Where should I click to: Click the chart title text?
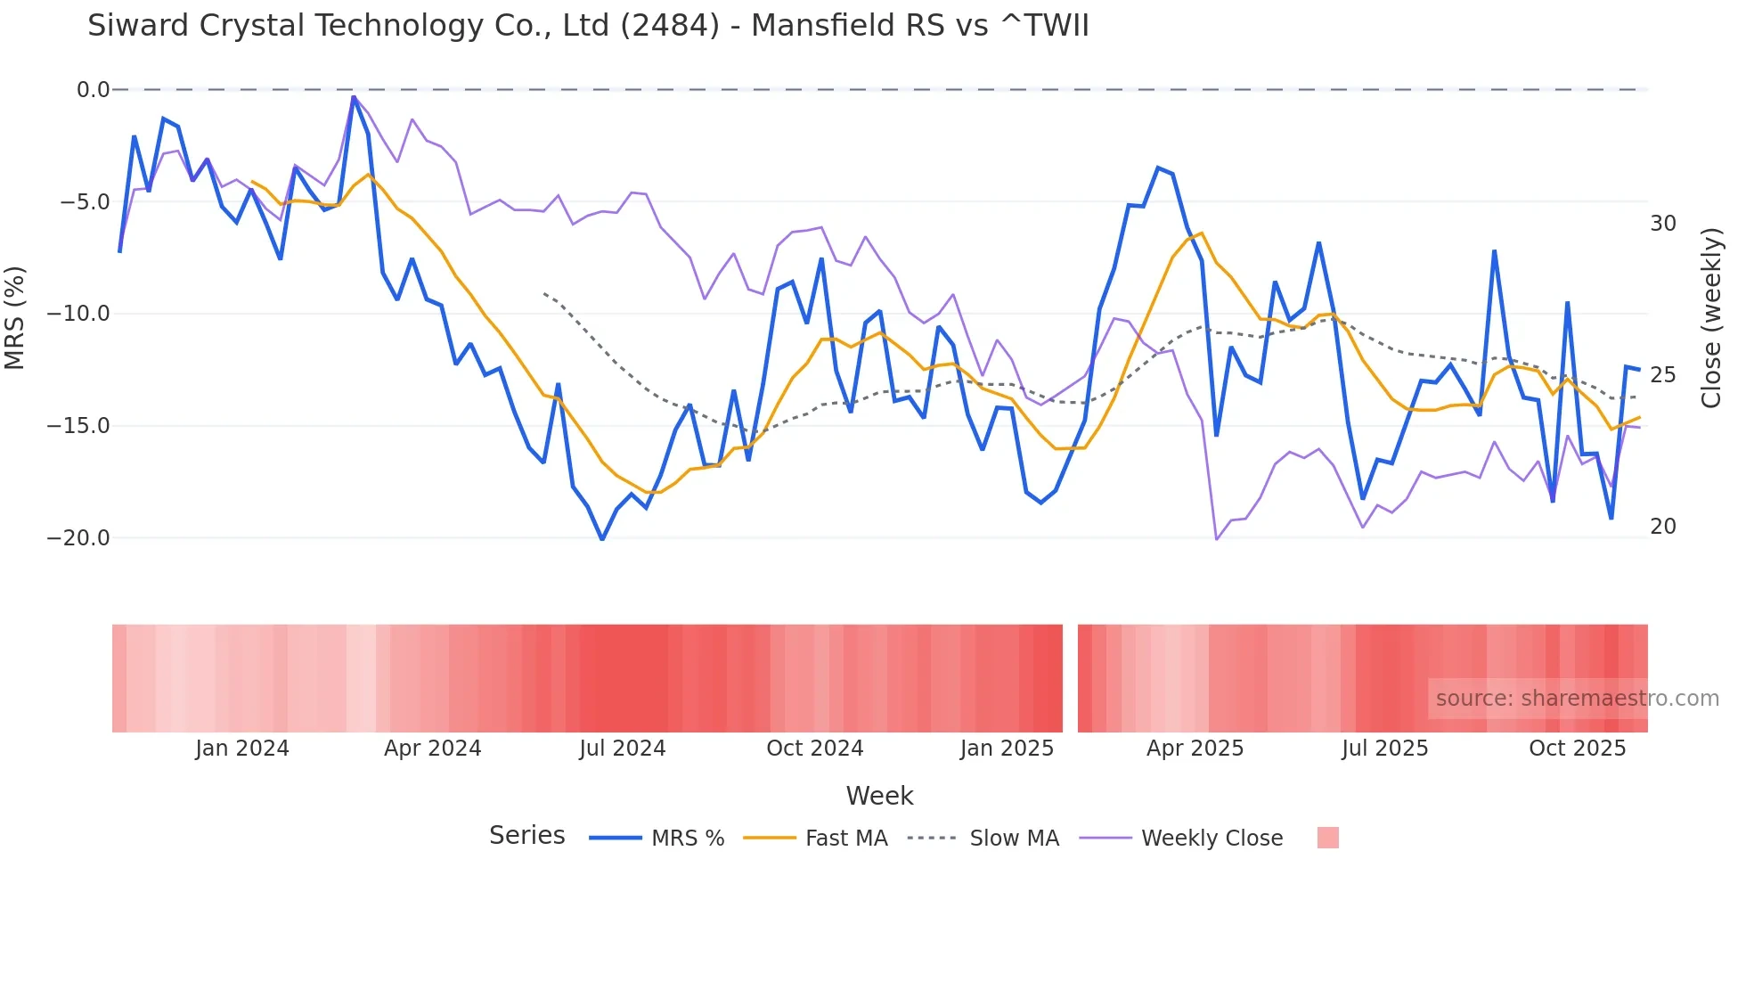click(x=588, y=26)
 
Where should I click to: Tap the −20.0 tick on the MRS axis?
click(x=78, y=538)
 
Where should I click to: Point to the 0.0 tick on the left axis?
click(x=93, y=90)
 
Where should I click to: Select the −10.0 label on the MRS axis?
click(x=78, y=314)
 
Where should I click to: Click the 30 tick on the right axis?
click(x=1662, y=224)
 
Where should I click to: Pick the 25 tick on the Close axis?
click(x=1662, y=375)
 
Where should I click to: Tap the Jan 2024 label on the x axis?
click(x=242, y=749)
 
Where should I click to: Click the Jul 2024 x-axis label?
click(x=623, y=749)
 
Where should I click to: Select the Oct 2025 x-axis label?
click(x=1577, y=749)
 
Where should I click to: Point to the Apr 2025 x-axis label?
click(x=1195, y=749)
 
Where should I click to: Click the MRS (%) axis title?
click(x=15, y=317)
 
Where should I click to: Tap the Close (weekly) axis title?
click(x=1711, y=317)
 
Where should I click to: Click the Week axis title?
click(x=879, y=796)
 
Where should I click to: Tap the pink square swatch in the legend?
click(x=1327, y=838)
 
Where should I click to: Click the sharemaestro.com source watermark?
click(x=1577, y=699)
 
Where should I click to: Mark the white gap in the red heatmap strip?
click(x=1070, y=678)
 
